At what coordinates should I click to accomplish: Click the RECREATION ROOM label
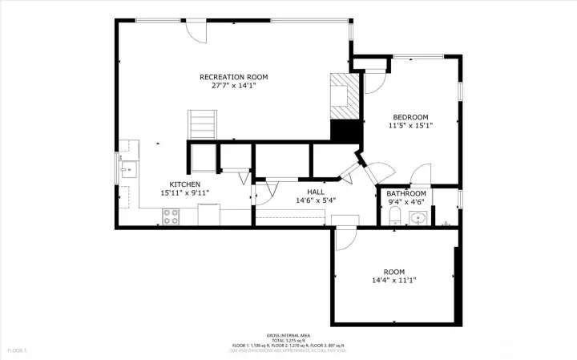click(x=233, y=77)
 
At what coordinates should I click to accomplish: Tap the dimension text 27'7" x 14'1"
click(x=233, y=86)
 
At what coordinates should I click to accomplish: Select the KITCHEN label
click(x=184, y=184)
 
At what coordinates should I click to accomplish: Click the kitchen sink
click(x=127, y=170)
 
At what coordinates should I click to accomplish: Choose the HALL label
click(x=315, y=192)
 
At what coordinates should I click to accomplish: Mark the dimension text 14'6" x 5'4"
click(x=315, y=200)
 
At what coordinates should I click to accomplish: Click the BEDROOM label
click(x=410, y=116)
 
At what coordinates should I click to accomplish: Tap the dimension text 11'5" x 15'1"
click(x=410, y=126)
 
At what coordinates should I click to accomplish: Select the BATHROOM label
click(x=406, y=194)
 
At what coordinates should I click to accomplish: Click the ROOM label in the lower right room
click(x=393, y=271)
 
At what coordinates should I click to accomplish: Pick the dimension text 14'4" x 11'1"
click(x=393, y=280)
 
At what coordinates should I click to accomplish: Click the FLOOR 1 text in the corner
click(x=18, y=350)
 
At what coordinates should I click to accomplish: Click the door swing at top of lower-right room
click(x=345, y=237)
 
